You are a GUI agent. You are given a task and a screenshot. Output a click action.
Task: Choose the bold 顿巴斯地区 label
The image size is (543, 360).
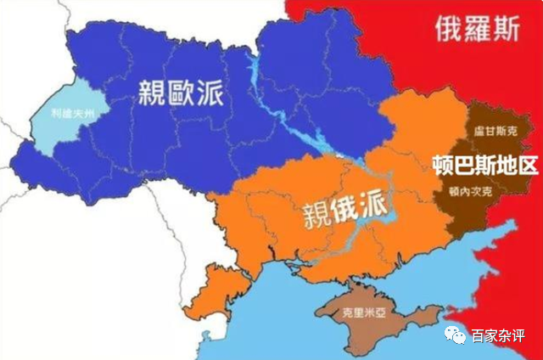[484, 164]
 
